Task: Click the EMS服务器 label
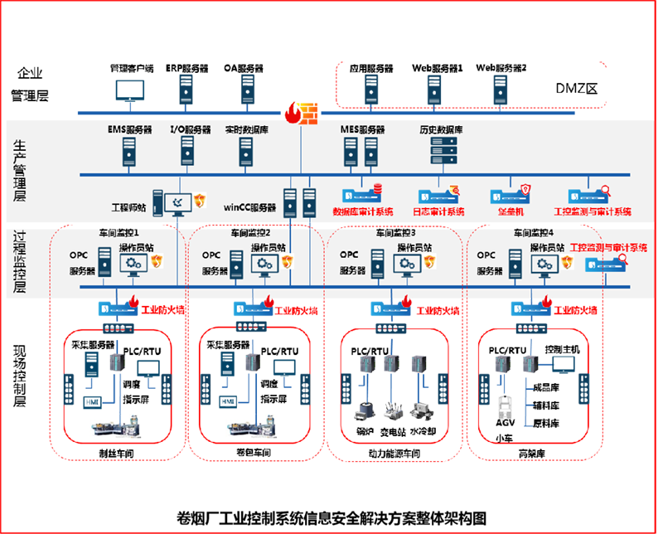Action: click(130, 130)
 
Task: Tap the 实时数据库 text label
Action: click(245, 130)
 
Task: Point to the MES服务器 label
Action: click(363, 130)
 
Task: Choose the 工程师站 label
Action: click(130, 206)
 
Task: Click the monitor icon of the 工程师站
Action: click(178, 201)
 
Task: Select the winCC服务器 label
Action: click(250, 207)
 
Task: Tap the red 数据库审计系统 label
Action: click(363, 211)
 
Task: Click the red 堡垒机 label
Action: click(511, 211)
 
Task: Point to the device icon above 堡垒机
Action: click(511, 193)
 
